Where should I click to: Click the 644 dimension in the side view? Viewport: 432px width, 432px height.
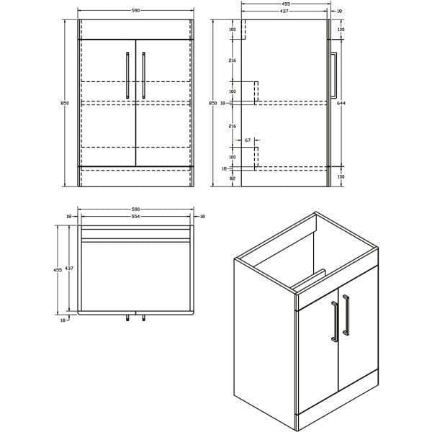[x=341, y=104]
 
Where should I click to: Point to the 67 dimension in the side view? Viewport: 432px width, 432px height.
[x=248, y=140]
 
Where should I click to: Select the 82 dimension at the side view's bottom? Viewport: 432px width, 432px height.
[x=233, y=176]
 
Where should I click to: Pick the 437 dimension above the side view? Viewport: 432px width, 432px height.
[x=284, y=12]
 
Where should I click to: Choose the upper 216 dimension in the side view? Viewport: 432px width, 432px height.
[x=233, y=61]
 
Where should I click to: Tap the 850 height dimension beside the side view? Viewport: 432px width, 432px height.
[x=212, y=104]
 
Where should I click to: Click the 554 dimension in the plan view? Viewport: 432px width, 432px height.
[x=135, y=217]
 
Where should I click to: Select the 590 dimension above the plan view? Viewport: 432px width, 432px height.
[x=135, y=210]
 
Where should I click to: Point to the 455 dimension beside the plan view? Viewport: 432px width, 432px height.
[x=58, y=269]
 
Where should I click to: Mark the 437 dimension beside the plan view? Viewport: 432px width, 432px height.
[x=69, y=268]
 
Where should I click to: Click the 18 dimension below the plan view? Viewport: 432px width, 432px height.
[x=63, y=320]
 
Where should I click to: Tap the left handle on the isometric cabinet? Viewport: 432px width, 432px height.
[x=333, y=321]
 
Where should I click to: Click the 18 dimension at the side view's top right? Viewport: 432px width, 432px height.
[x=341, y=12]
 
